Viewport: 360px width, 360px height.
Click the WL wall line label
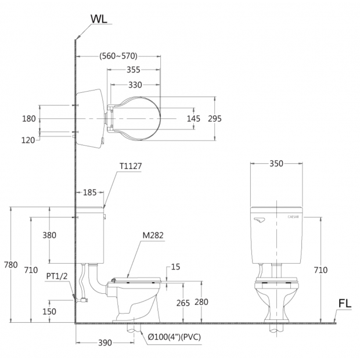99,19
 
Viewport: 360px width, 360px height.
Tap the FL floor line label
345,303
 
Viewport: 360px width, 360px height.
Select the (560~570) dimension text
118,56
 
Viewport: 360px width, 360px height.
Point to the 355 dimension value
134,70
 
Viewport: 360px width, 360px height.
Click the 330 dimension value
135,85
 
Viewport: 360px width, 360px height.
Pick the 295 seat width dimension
215,118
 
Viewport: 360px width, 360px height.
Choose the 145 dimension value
193,118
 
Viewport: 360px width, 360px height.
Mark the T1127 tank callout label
131,166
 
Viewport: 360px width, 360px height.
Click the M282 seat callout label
153,235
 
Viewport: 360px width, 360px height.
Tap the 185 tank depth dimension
89,192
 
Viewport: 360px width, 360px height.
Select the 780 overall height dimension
11,265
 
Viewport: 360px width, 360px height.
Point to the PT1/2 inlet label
57,276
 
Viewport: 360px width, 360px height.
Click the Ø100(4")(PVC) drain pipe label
174,337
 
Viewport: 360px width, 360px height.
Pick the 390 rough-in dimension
105,343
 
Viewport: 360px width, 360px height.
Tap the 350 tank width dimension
276,164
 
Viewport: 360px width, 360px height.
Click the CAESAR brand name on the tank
293,217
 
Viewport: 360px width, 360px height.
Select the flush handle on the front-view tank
260,220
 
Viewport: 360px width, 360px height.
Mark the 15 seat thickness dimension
175,267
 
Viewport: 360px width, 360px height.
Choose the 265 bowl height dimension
183,303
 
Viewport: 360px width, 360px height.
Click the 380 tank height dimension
49,235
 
